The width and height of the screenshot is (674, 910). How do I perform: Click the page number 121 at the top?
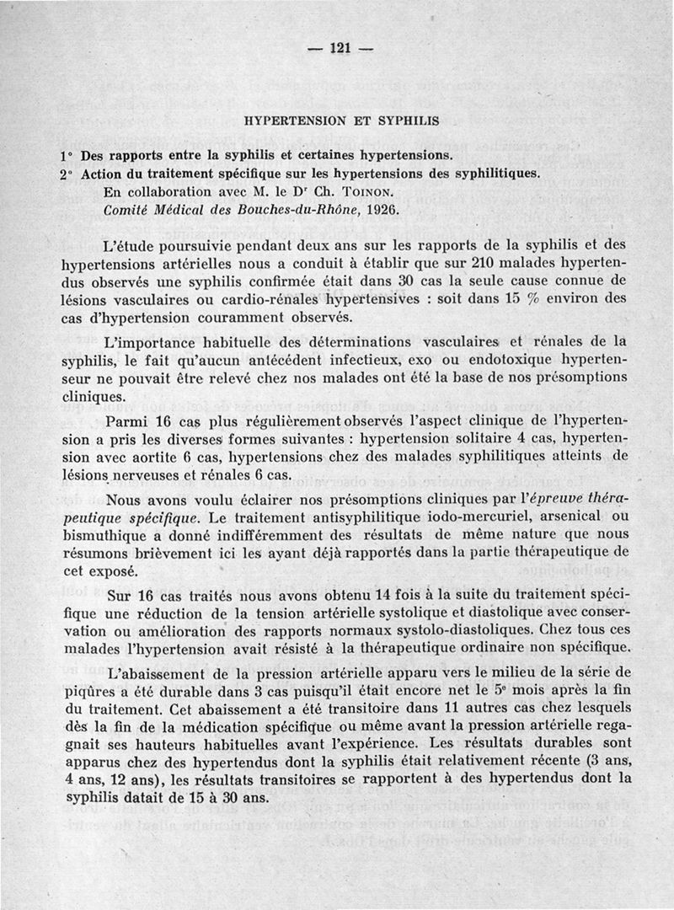(340, 48)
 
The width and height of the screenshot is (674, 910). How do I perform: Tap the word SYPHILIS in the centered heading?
(404, 120)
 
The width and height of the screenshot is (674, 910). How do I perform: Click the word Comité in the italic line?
(128, 210)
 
